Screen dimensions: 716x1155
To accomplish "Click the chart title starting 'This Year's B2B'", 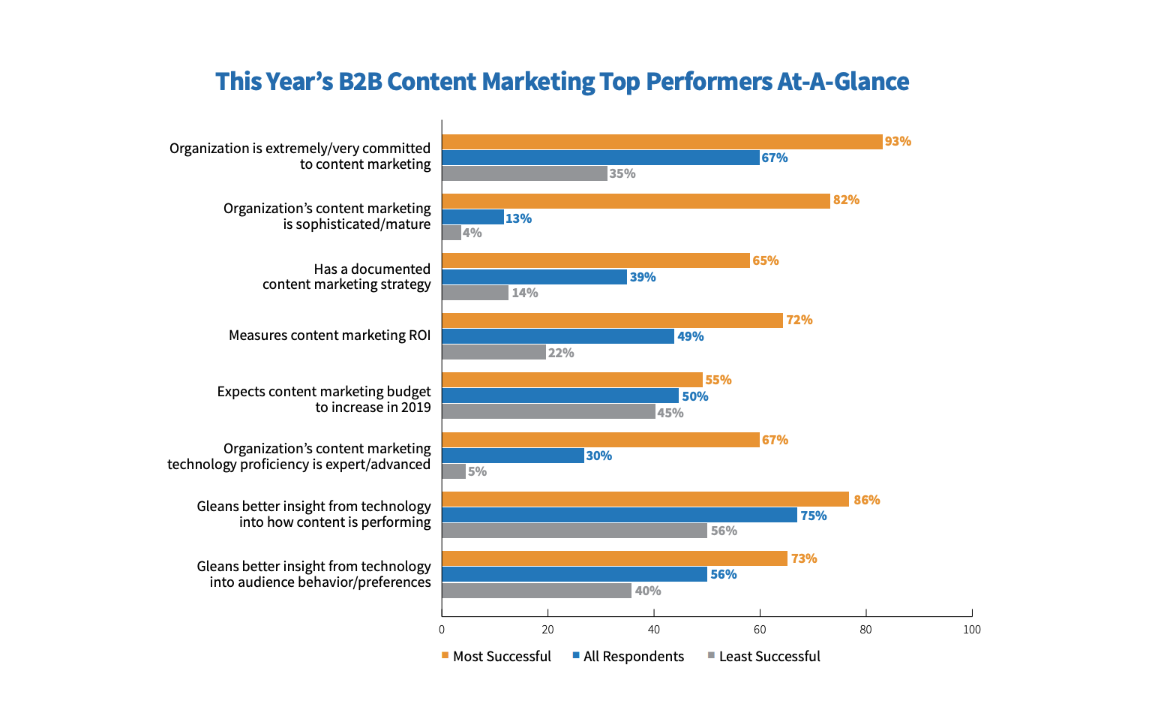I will coord(562,82).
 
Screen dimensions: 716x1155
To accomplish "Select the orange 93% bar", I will coord(661,142).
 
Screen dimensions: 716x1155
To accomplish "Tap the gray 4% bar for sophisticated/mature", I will coord(451,233).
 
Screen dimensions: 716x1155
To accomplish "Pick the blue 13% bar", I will coord(472,218).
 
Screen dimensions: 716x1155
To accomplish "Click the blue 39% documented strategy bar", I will coord(534,277).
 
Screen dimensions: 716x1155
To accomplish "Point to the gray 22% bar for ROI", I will coord(493,352).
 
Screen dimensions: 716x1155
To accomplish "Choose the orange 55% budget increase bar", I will coord(571,380).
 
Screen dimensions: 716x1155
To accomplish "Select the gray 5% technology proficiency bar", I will coord(454,471).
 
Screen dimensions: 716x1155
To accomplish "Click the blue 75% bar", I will coord(619,515).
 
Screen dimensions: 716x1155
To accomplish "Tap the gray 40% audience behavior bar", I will coord(536,591).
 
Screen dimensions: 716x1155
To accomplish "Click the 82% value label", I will coord(846,200).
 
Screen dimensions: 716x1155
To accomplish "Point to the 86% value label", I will coord(866,500).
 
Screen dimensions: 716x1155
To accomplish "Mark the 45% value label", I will coord(670,413).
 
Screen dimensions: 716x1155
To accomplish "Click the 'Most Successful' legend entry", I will coord(496,657).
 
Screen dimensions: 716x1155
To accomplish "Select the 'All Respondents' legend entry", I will coord(628,657).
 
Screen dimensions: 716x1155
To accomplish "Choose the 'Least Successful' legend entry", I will coord(764,657).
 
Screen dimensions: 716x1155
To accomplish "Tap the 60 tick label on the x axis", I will coord(760,630).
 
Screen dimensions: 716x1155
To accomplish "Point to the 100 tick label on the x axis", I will coord(972,630).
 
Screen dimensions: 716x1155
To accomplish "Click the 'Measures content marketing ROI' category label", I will coord(329,335).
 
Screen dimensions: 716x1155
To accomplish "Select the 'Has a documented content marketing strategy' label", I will coord(346,277).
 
